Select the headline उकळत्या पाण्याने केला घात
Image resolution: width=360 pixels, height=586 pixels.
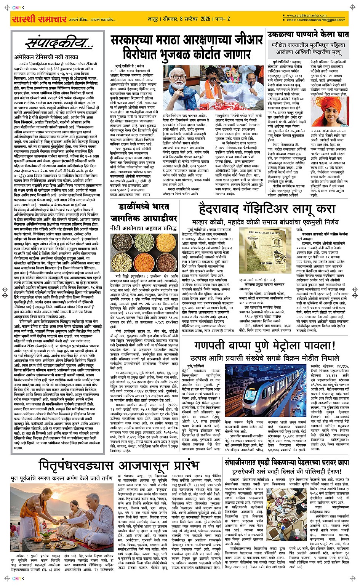(x=308, y=34)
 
